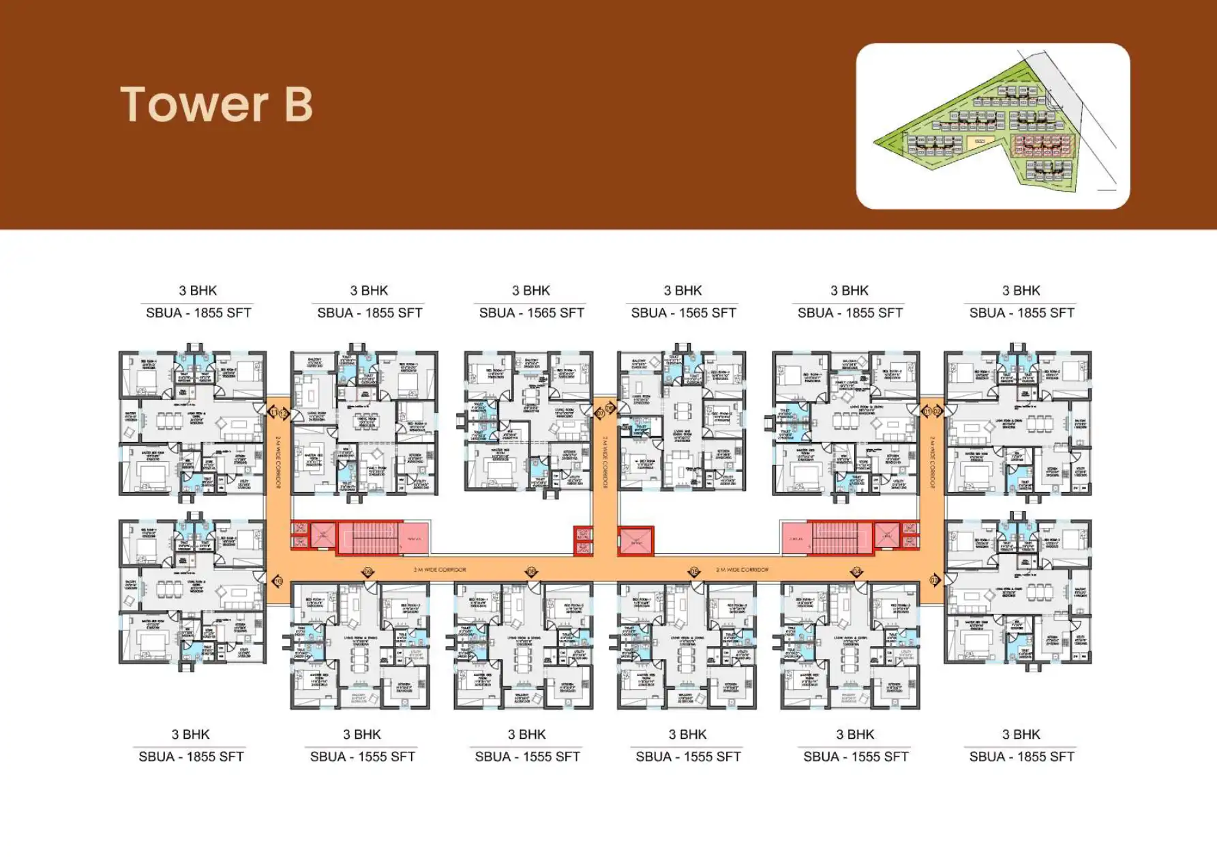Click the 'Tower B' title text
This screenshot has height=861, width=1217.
tap(216, 104)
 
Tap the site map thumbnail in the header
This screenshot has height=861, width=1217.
tap(992, 126)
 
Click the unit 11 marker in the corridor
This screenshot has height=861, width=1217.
tap(274, 413)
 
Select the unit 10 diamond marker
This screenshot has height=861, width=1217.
tap(277, 581)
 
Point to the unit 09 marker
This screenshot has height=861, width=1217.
tap(368, 572)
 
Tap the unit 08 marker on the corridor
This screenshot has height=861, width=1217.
tap(532, 572)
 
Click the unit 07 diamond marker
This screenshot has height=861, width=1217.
tap(601, 413)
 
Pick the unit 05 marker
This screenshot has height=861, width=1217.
tap(694, 572)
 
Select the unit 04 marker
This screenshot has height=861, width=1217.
tap(857, 572)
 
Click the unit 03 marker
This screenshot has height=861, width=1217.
tap(933, 581)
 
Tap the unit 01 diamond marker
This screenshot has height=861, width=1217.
tap(927, 411)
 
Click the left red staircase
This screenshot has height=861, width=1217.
tap(368, 537)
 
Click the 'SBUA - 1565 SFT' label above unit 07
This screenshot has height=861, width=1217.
tap(531, 312)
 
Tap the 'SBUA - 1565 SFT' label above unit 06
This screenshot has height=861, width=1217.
tap(683, 312)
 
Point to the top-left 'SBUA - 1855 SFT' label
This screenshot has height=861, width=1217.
tap(198, 312)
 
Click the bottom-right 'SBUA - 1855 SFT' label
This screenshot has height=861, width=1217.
tap(1021, 756)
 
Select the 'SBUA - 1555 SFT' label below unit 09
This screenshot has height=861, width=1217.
tap(362, 756)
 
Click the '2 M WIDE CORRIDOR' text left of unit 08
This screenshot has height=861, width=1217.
tap(440, 569)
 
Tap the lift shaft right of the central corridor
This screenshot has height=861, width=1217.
tap(635, 540)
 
